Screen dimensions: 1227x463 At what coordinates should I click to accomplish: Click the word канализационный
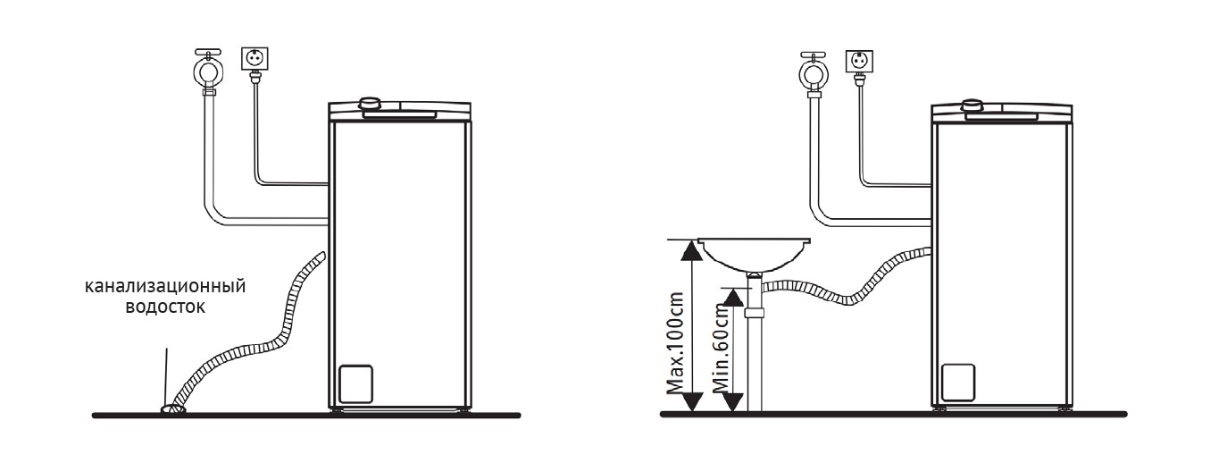tap(165, 286)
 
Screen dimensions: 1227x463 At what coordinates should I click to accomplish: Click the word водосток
tap(165, 307)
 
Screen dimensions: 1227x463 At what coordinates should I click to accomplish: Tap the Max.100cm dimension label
tap(675, 343)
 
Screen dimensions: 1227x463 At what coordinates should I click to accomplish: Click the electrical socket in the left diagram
tap(255, 58)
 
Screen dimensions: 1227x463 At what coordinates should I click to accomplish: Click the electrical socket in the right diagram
tap(859, 62)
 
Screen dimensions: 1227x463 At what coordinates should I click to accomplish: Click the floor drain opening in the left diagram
tap(172, 408)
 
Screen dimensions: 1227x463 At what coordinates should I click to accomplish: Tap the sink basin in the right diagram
tap(754, 254)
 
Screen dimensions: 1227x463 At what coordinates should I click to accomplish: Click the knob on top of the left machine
tap(369, 104)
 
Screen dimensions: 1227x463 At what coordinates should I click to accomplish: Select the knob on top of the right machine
tap(972, 105)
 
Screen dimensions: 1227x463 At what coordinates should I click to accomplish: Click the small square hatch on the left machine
tap(355, 384)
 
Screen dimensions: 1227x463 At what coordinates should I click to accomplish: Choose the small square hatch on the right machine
tap(958, 383)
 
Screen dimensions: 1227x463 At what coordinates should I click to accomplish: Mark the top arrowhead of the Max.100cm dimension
tap(692, 250)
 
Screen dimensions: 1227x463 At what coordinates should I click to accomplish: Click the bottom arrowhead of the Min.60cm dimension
tap(733, 402)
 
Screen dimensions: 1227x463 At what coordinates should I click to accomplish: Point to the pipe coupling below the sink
tap(755, 313)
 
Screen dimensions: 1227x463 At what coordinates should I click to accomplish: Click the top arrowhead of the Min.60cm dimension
tap(733, 298)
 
